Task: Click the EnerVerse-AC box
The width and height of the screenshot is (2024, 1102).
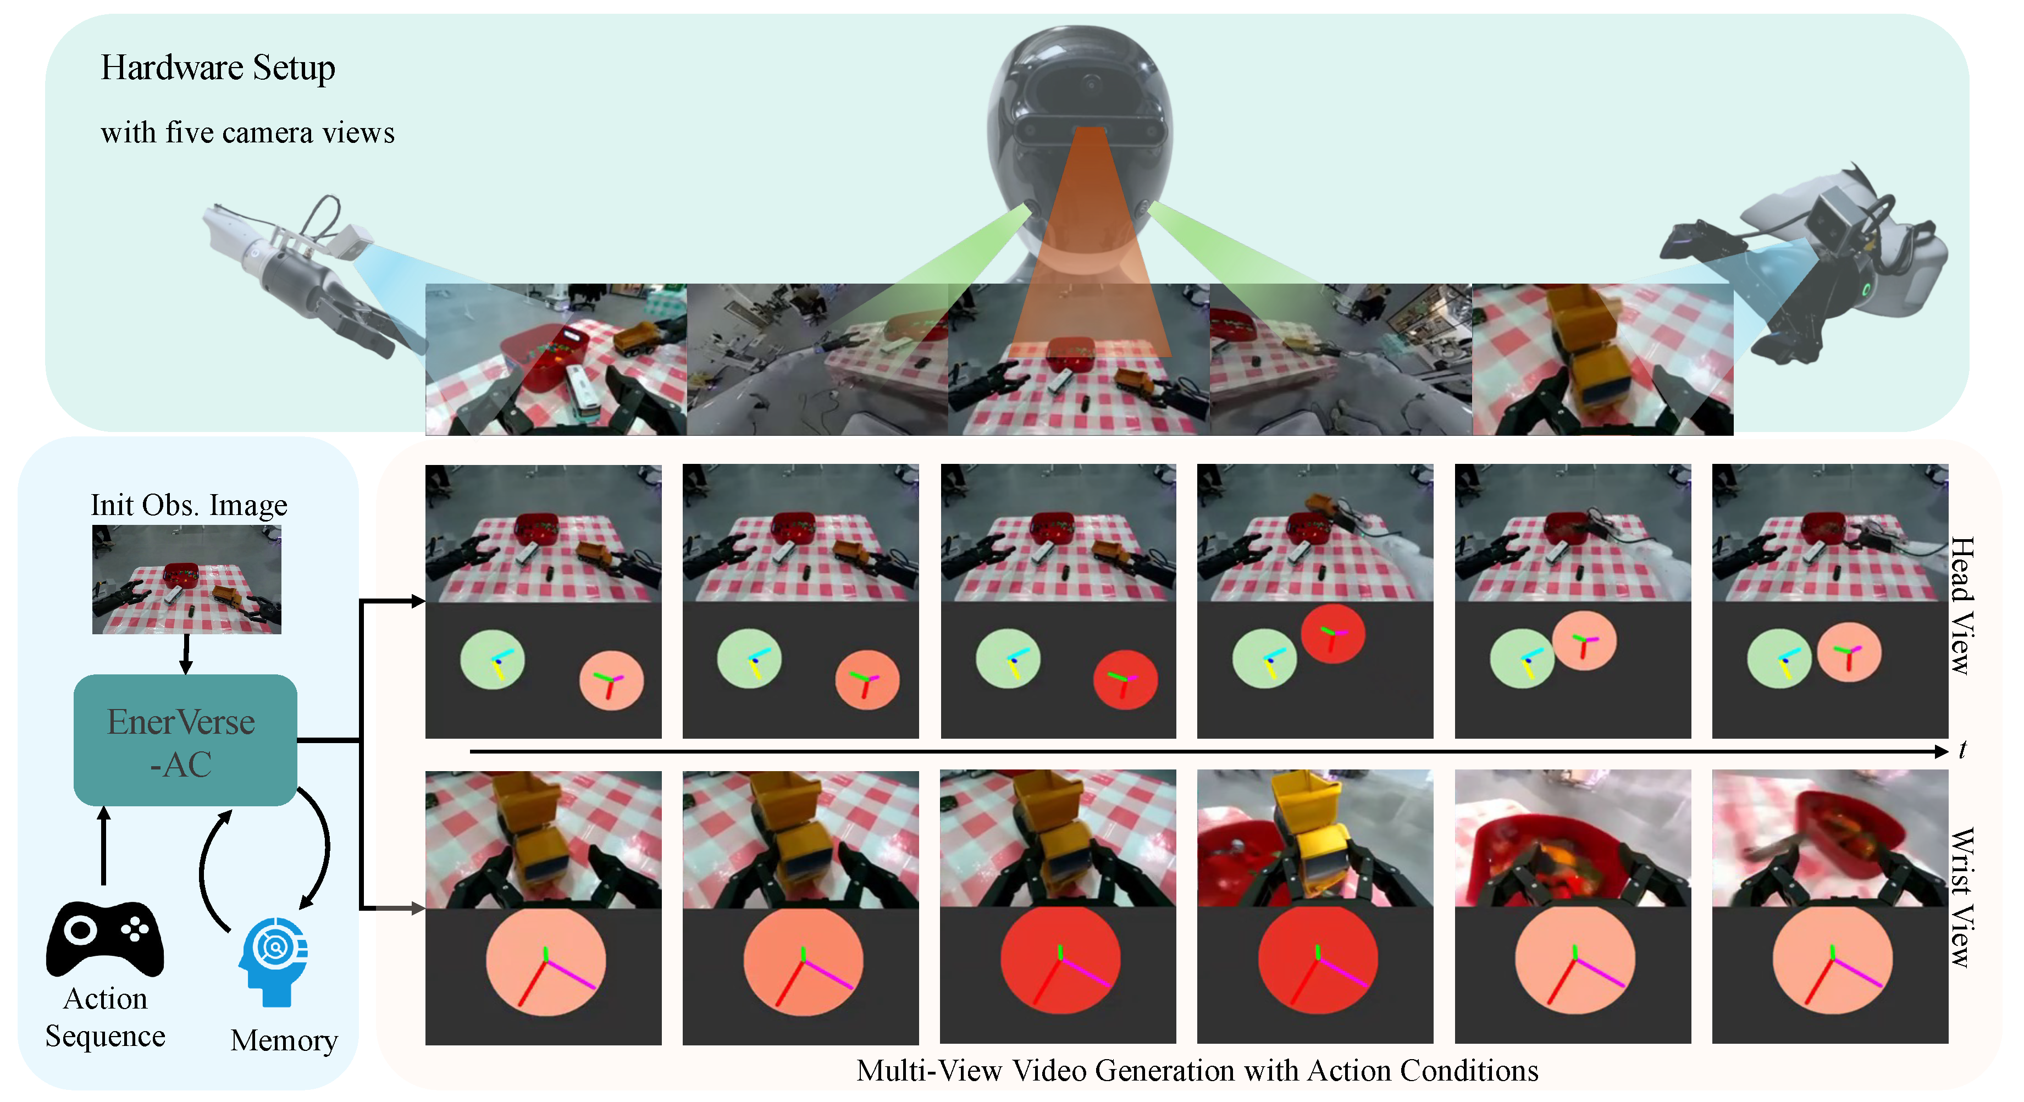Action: click(x=185, y=740)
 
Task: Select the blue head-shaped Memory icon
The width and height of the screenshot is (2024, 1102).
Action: click(x=273, y=961)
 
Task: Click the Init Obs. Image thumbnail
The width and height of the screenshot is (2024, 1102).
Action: click(x=187, y=580)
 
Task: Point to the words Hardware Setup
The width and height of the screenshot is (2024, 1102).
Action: click(x=218, y=68)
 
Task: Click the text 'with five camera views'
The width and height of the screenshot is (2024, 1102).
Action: click(x=247, y=133)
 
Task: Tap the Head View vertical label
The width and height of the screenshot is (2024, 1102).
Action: click(x=1962, y=606)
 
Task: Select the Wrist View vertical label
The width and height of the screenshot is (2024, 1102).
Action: click(x=1962, y=897)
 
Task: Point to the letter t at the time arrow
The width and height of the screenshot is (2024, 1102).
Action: click(x=1963, y=750)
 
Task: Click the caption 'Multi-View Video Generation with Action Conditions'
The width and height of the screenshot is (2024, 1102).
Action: click(x=1197, y=1071)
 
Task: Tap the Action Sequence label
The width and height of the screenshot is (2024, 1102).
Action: click(x=106, y=1017)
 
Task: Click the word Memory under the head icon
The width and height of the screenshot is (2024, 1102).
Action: click(x=284, y=1041)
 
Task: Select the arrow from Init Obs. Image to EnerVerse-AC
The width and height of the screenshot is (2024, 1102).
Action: click(x=186, y=654)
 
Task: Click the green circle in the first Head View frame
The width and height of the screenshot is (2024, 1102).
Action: click(x=493, y=659)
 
